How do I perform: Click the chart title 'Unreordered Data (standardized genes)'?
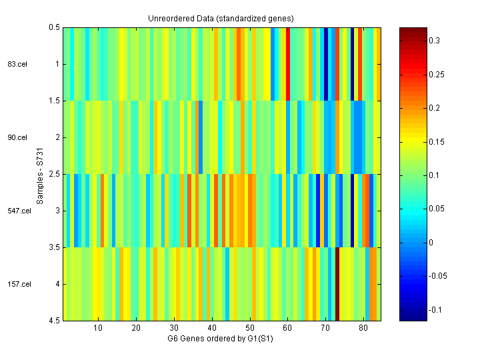click(x=221, y=18)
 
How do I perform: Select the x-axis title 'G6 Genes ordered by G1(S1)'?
click(x=221, y=339)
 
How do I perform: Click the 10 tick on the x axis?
click(x=98, y=329)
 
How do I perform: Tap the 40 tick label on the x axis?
click(x=212, y=329)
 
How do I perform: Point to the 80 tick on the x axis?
click(x=364, y=329)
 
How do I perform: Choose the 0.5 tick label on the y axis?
click(x=53, y=27)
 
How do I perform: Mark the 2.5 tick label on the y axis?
click(x=53, y=174)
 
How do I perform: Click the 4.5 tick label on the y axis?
click(x=53, y=321)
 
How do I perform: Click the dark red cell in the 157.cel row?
click(x=337, y=284)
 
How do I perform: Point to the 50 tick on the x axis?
click(x=250, y=329)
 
